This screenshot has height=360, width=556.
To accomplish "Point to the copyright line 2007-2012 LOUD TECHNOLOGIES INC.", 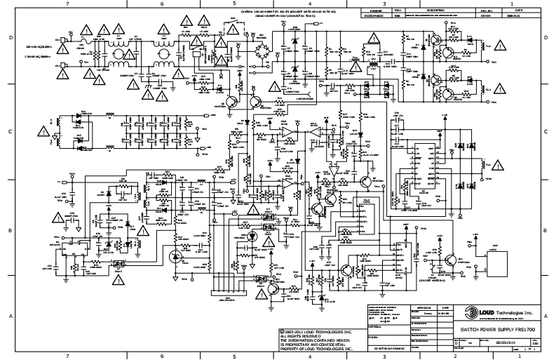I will pyautogui.click(x=315, y=331).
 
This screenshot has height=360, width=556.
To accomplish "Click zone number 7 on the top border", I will pyautogui.click(x=67, y=4).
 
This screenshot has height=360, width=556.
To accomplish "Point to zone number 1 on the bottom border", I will pyautogui.click(x=520, y=356).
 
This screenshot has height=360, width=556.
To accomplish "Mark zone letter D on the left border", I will pyautogui.click(x=5, y=39).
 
